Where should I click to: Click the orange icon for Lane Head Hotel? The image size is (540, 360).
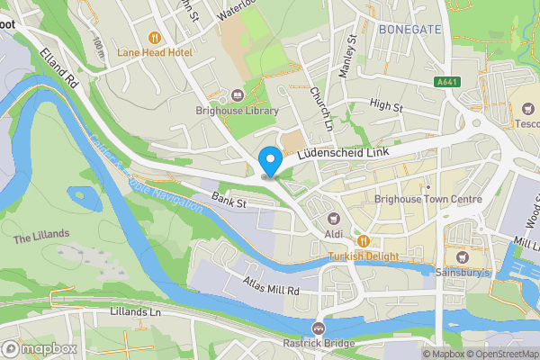[155, 38]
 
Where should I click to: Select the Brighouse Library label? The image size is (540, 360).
[237, 111]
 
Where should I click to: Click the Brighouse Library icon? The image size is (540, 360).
[238, 95]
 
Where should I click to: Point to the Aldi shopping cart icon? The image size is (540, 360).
[333, 218]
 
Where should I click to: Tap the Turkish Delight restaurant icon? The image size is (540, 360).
[363, 240]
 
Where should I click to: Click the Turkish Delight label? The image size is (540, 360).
[363, 255]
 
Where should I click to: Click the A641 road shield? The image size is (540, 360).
[446, 82]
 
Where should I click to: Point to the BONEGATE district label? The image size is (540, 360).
[409, 30]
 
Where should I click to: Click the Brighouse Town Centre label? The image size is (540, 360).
[427, 200]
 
